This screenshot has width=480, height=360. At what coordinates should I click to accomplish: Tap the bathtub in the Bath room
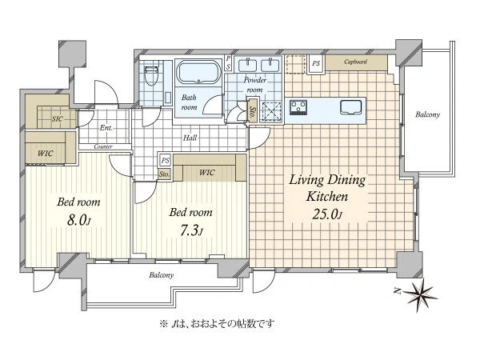pyautogui.click(x=199, y=72)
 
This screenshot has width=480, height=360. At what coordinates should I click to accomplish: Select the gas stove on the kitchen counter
pyautogui.click(x=298, y=107)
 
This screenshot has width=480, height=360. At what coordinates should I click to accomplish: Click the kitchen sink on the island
pyautogui.click(x=351, y=107)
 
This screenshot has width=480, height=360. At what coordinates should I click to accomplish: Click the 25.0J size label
pyautogui.click(x=327, y=214)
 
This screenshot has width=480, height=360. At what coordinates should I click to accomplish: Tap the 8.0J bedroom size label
pyautogui.click(x=78, y=221)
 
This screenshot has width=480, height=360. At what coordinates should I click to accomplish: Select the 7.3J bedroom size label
pyautogui.click(x=190, y=230)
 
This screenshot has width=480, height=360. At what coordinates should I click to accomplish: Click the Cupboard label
pyautogui.click(x=356, y=62)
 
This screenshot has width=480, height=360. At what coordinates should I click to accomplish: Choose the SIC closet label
pyautogui.click(x=58, y=118)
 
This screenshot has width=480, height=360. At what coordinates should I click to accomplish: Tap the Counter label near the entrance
pyautogui.click(x=103, y=147)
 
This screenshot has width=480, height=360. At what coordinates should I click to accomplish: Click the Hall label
pyautogui.click(x=190, y=138)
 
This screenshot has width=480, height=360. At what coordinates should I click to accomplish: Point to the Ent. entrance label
pyautogui.click(x=106, y=128)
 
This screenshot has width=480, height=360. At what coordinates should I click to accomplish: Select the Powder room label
pyautogui.click(x=254, y=85)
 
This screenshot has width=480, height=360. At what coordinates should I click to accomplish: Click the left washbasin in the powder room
pyautogui.click(x=248, y=66)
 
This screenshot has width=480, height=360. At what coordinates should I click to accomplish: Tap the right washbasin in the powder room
pyautogui.click(x=270, y=66)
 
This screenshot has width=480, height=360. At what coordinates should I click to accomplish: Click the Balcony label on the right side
pyautogui.click(x=428, y=114)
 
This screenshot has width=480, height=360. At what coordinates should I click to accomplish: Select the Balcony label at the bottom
pyautogui.click(x=162, y=275)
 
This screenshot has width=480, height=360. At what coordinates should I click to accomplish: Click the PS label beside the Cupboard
pyautogui.click(x=316, y=63)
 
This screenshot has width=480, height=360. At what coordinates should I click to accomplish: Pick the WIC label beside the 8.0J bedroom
pyautogui.click(x=45, y=154)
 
